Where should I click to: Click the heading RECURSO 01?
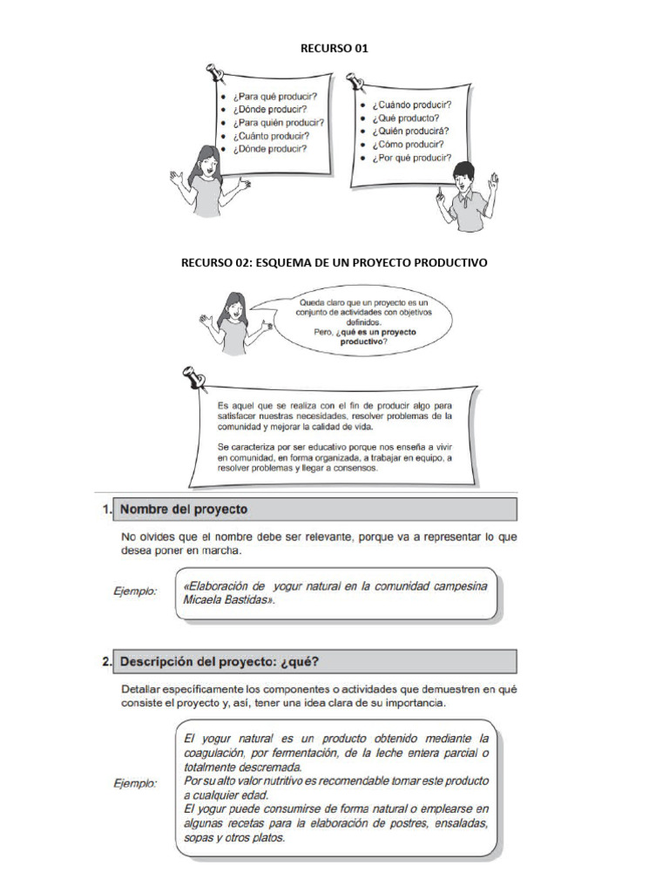click(334, 49)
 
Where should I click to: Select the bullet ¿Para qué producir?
click(274, 96)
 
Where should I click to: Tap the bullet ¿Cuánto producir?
click(270, 136)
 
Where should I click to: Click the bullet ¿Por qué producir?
click(412, 159)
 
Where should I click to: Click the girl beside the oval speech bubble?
click(233, 322)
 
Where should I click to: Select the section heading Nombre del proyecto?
click(184, 509)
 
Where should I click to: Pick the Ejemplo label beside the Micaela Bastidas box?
click(135, 591)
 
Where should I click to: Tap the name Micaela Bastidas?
click(221, 600)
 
